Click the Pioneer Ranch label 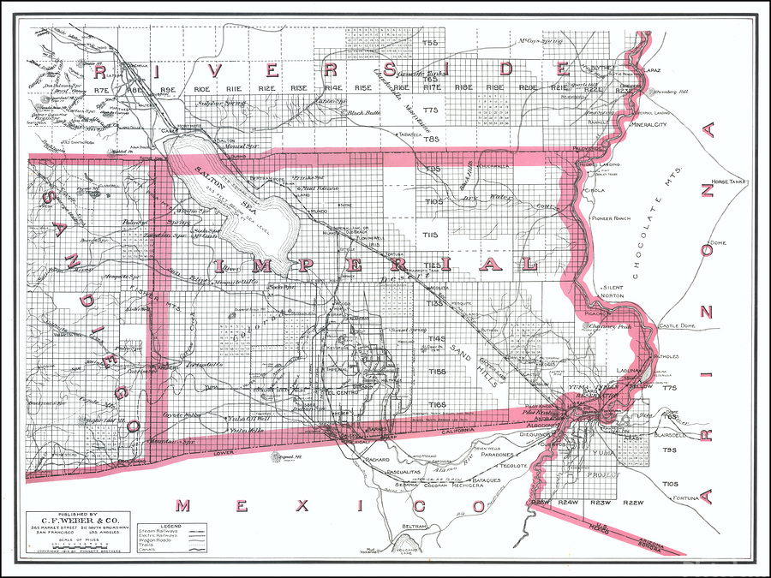tap(610, 218)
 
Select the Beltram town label tap(414, 525)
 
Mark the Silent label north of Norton tap(613, 288)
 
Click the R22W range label tap(635, 502)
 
